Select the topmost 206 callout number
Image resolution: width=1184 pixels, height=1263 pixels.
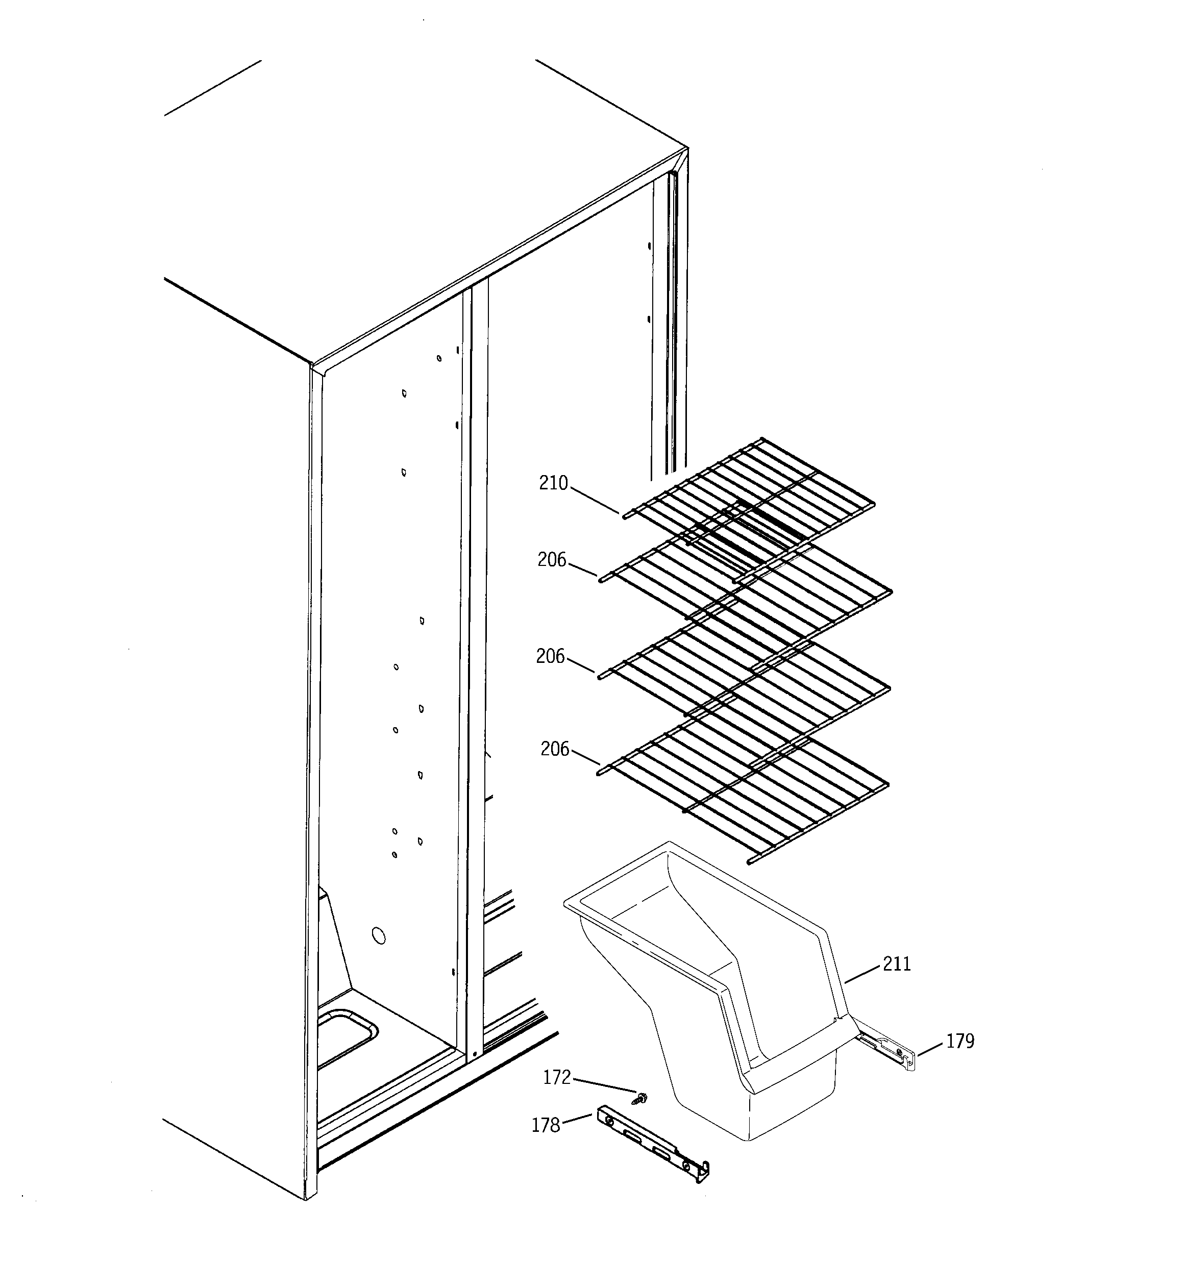(x=551, y=560)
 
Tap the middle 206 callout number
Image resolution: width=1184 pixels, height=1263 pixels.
(x=550, y=656)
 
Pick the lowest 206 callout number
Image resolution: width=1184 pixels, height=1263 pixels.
(x=554, y=749)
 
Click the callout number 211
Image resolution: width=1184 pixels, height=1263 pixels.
(x=897, y=964)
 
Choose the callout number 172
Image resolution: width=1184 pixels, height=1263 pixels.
(x=557, y=1077)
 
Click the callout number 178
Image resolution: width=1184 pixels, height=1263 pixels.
(x=545, y=1125)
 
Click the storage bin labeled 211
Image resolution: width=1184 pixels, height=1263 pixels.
(x=731, y=991)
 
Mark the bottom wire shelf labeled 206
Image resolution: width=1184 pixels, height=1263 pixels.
(x=744, y=794)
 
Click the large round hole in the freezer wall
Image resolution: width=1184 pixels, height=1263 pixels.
(x=378, y=935)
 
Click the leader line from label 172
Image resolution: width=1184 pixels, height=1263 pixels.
(x=604, y=1086)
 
